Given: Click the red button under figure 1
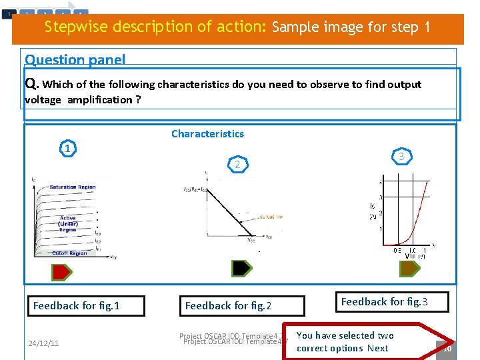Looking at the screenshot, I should (x=62, y=271).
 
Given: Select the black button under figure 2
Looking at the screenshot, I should (x=241, y=268).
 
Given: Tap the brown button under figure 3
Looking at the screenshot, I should (x=408, y=268).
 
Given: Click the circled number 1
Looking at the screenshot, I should (x=67, y=148).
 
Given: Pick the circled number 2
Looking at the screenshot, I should (x=237, y=164).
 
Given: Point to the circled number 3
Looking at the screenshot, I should (x=401, y=156).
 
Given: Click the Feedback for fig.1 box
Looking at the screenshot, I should (x=77, y=306).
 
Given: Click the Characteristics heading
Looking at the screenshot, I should (x=207, y=133).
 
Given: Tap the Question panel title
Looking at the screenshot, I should (x=75, y=59).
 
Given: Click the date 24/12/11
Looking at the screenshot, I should (x=43, y=343).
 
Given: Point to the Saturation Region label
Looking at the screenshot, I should (x=73, y=187).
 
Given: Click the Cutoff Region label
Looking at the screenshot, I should (x=69, y=253).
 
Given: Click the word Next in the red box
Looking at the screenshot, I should (x=377, y=348).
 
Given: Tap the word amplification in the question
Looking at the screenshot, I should (x=99, y=100).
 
